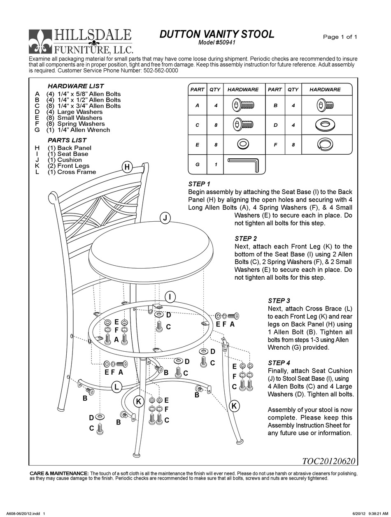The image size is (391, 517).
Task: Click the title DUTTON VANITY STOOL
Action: (216, 35)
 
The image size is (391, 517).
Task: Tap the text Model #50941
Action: (216, 43)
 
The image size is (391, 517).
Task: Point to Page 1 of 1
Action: (340, 37)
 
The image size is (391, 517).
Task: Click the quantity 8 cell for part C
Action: (215, 125)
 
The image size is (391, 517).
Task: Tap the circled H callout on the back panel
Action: (127, 167)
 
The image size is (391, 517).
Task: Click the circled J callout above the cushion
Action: (165, 218)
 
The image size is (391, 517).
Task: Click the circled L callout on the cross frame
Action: (116, 387)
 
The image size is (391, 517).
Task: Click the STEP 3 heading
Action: (279, 301)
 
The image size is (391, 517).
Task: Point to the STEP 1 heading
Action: (199, 184)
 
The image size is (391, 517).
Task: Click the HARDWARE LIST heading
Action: (76, 86)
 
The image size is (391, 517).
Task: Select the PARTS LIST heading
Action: (67, 140)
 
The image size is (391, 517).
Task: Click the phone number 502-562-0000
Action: (161, 70)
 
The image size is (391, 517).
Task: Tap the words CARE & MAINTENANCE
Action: (59, 473)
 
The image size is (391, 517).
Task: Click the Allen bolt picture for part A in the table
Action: (243, 105)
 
